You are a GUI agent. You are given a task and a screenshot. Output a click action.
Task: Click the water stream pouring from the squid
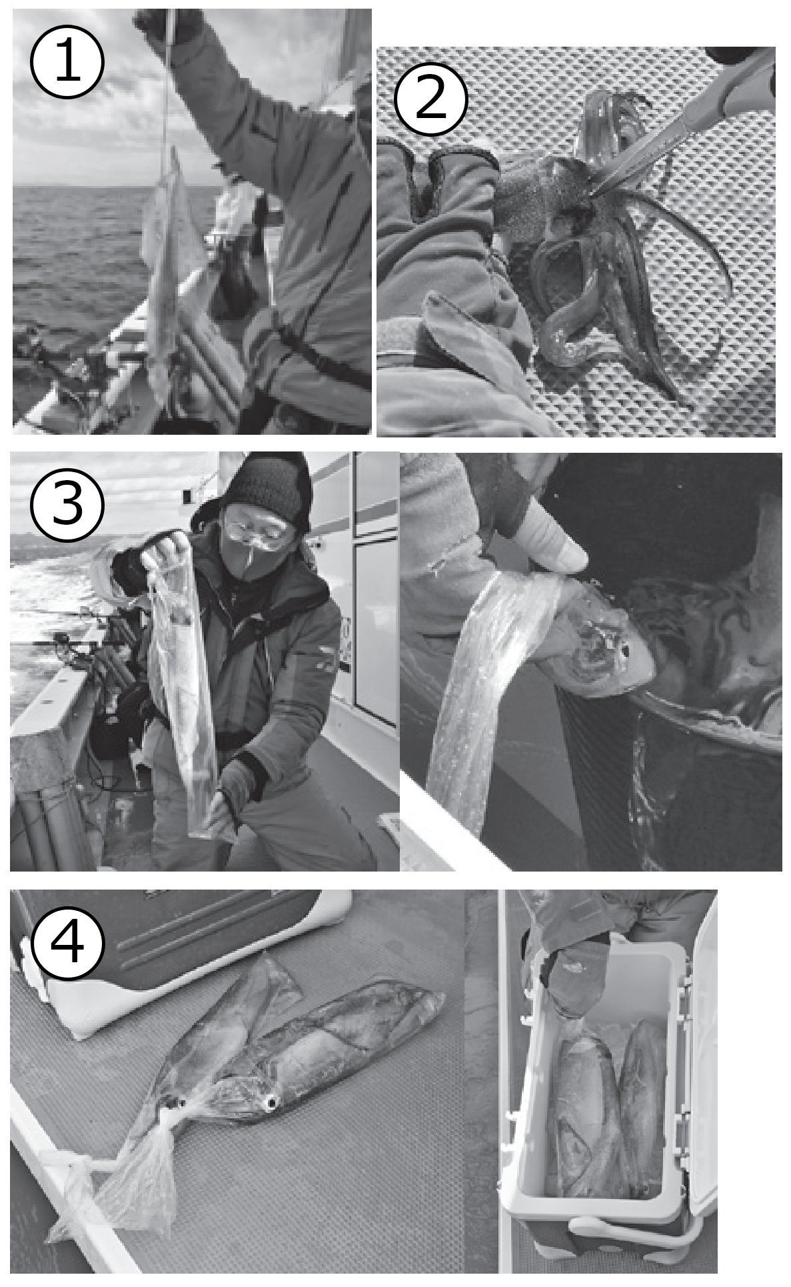pyautogui.click(x=466, y=667)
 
